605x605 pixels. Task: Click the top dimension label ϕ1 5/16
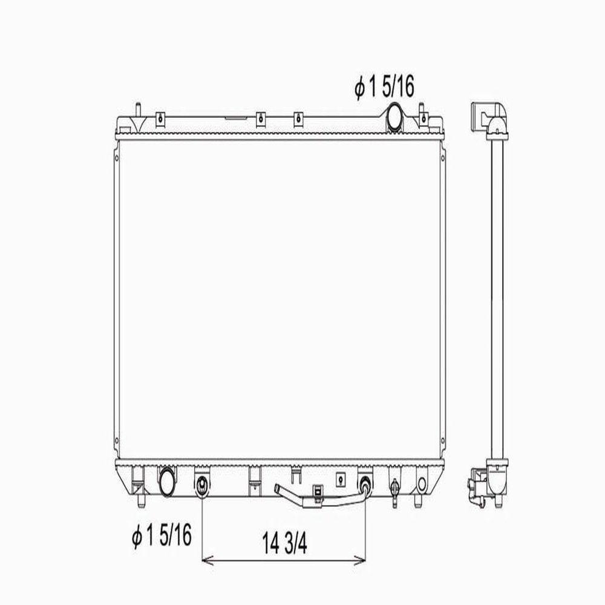click(384, 87)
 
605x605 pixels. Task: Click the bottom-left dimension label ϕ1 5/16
click(162, 535)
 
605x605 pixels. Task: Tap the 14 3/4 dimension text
click(285, 543)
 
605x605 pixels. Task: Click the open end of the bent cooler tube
click(276, 489)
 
